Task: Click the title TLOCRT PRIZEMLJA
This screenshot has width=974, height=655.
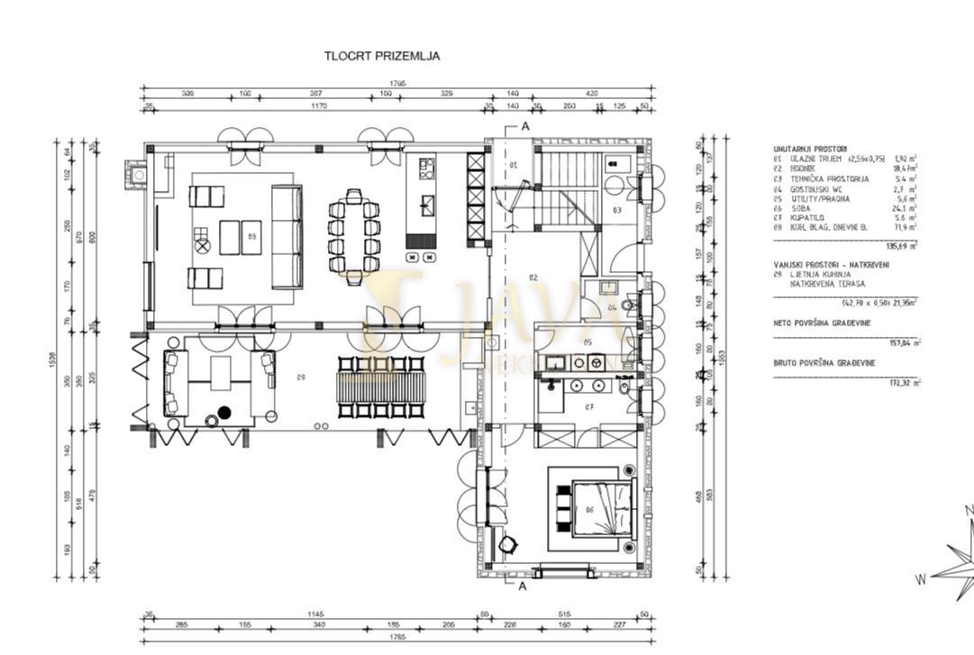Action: point(382,56)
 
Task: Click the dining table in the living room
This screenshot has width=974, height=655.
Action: point(353,233)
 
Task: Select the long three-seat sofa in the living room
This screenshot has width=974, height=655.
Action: point(287,236)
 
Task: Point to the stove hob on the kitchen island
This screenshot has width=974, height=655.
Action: point(426,168)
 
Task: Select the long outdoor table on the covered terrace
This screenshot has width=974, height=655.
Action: point(379,387)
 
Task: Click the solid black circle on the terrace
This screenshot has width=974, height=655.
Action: point(224,412)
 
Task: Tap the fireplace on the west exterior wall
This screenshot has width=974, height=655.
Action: point(135,173)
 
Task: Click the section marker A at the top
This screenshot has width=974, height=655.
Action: point(524,126)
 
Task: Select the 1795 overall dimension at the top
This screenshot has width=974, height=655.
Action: point(398,84)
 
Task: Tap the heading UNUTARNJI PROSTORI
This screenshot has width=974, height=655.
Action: point(809,149)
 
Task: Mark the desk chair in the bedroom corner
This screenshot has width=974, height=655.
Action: point(510,544)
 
